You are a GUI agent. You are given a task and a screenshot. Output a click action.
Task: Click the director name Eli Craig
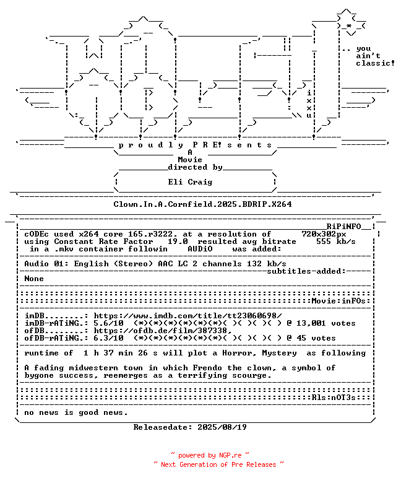pos(190,182)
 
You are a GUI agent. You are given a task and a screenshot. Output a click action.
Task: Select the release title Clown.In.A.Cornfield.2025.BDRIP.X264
pos(202,204)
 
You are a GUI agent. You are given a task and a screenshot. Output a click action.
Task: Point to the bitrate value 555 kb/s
pos(336,241)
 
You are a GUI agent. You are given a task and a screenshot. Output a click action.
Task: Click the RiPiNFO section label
pos(343,227)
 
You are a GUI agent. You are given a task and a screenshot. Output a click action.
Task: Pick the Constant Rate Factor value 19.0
pos(178,241)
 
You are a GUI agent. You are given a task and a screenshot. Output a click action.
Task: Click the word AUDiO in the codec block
pos(200,249)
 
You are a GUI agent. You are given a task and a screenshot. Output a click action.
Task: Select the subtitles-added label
pos(306,271)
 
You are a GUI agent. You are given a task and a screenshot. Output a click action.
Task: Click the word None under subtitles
pos(34,279)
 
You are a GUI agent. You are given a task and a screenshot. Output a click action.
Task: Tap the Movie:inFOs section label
pos(338,301)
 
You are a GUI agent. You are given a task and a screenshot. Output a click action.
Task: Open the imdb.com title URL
pos(188,316)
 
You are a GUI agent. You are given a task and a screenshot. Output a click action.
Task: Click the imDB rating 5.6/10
pos(109,323)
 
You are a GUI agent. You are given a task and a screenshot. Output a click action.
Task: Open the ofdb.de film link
pos(163,331)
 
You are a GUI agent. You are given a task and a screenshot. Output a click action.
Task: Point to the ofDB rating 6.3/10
pos(109,338)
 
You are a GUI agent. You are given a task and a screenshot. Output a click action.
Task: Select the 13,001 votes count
pos(326,323)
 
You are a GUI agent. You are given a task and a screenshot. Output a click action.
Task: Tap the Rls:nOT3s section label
pos(334,398)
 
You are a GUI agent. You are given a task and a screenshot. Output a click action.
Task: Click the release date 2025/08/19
pos(222,427)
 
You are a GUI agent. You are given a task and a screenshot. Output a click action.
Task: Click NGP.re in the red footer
pos(230,455)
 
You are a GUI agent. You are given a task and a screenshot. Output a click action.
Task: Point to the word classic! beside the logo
pos(375,63)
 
